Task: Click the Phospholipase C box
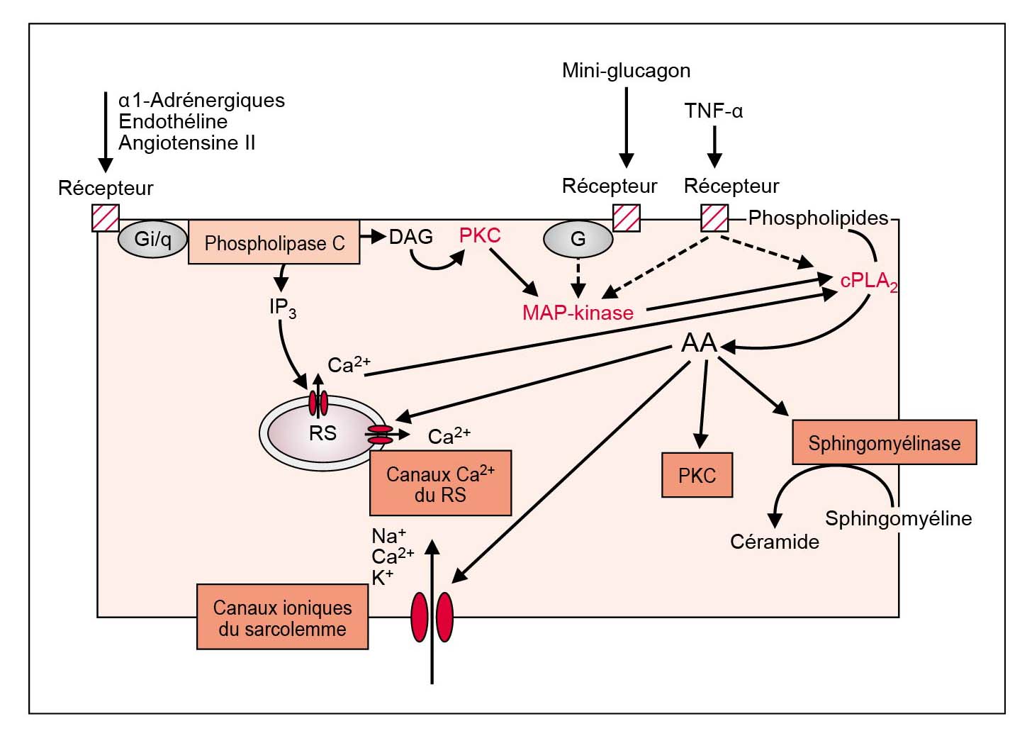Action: (x=274, y=242)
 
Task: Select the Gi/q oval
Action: (x=152, y=239)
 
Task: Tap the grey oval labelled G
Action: (x=578, y=239)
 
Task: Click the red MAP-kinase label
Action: (x=578, y=313)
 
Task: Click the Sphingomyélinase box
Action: (x=884, y=443)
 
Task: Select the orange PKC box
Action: (x=697, y=475)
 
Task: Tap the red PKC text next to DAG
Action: (x=480, y=235)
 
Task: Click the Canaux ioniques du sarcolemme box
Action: (x=282, y=618)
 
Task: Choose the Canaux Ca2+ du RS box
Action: (x=440, y=484)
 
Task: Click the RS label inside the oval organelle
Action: (x=322, y=433)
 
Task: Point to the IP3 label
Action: (x=282, y=308)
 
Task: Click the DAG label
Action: (x=411, y=237)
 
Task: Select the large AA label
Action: (x=699, y=343)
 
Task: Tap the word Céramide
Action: (x=774, y=542)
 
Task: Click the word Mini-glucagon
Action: (x=626, y=70)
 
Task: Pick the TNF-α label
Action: (x=713, y=111)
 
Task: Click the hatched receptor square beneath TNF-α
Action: (x=714, y=218)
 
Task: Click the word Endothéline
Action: (x=173, y=121)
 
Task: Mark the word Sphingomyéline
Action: (x=898, y=518)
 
